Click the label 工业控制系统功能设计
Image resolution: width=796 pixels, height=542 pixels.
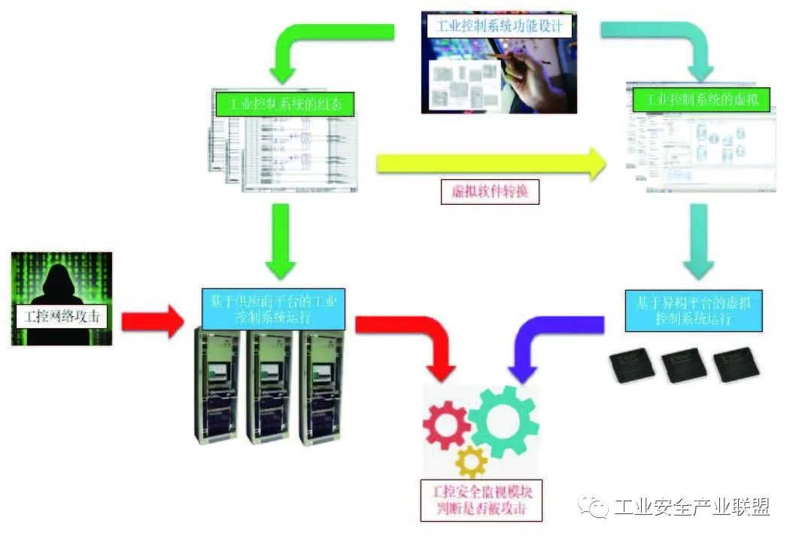pos(499,26)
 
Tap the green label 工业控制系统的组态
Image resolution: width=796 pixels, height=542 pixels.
pos(278,104)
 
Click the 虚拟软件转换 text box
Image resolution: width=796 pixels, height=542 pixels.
pos(490,190)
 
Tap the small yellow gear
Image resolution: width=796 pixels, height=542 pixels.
pos(471,461)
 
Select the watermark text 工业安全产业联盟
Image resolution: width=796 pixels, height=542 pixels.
pos(691,508)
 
